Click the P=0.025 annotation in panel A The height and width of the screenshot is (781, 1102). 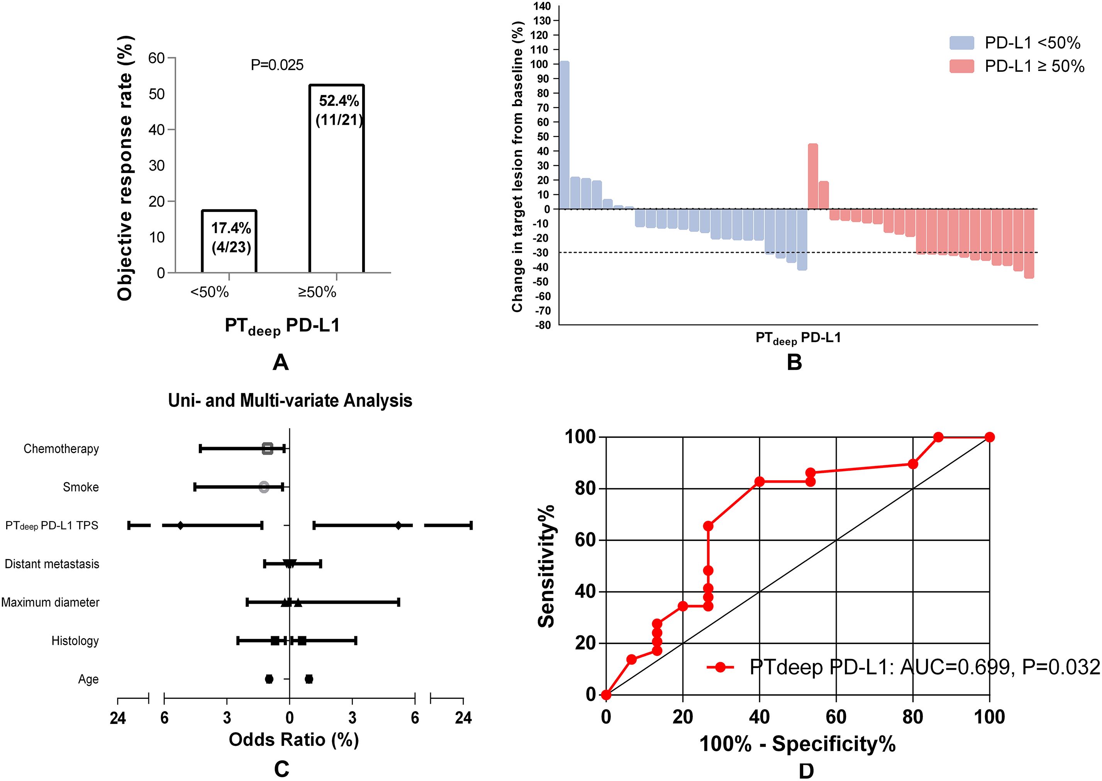(277, 65)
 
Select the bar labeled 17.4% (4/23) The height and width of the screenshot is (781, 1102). (229, 241)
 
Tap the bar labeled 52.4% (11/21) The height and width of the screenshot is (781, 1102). (337, 178)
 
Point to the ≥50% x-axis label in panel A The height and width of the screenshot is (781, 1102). (317, 292)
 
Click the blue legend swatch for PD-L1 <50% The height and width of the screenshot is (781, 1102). (961, 43)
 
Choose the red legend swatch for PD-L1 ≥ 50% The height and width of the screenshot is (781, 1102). (961, 66)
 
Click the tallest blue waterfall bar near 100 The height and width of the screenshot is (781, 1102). (564, 135)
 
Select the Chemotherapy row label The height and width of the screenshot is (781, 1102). (61, 449)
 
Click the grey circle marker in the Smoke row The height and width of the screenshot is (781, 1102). (264, 487)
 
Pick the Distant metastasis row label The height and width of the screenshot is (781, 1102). (52, 564)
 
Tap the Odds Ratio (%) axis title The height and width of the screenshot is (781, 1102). (294, 739)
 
